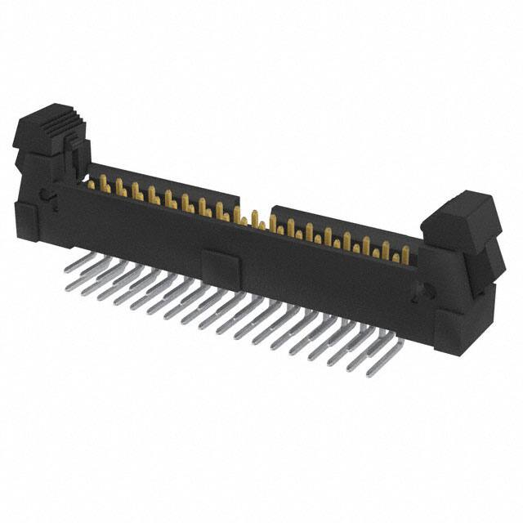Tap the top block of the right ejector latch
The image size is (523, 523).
click(463, 214)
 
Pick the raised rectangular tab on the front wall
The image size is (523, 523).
click(218, 264)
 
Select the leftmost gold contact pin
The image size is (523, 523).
click(104, 184)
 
